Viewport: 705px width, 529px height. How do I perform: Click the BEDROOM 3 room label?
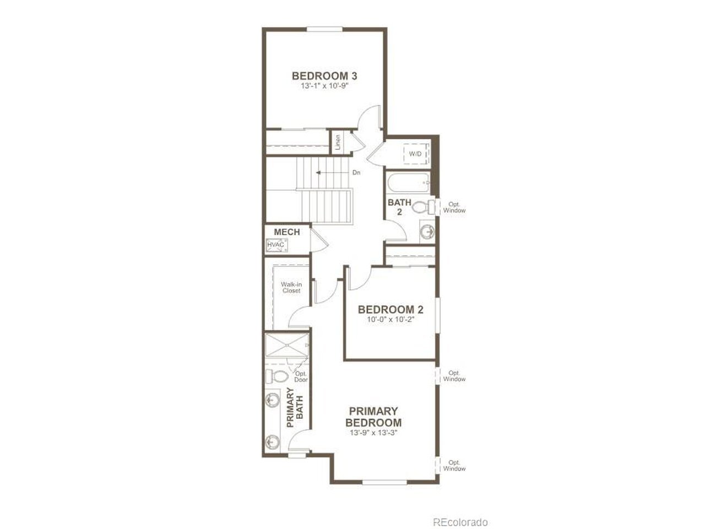click(x=324, y=76)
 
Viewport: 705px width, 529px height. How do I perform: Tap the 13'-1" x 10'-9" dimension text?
click(x=324, y=86)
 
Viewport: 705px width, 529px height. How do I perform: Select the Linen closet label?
click(x=338, y=142)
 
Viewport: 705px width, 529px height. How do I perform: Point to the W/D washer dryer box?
click(x=416, y=154)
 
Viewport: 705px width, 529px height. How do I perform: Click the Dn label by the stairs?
click(x=356, y=172)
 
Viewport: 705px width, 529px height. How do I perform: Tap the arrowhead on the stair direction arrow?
click(x=318, y=172)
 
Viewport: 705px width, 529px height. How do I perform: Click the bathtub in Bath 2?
click(x=409, y=183)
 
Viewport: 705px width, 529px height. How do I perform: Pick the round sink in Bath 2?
click(x=427, y=231)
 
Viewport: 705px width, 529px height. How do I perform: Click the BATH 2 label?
click(x=399, y=207)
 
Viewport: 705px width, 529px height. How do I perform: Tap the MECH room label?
click(x=287, y=232)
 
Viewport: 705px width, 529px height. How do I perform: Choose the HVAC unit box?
click(x=276, y=245)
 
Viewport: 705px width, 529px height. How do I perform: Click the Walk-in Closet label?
click(x=291, y=288)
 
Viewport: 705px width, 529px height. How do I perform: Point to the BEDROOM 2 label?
click(x=391, y=310)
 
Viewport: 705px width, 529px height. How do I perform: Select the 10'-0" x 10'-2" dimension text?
click(x=391, y=320)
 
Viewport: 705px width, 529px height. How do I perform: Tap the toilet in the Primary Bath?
click(x=276, y=375)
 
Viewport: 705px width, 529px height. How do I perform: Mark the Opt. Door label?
click(x=301, y=377)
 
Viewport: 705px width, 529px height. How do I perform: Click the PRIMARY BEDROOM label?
click(x=373, y=417)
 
